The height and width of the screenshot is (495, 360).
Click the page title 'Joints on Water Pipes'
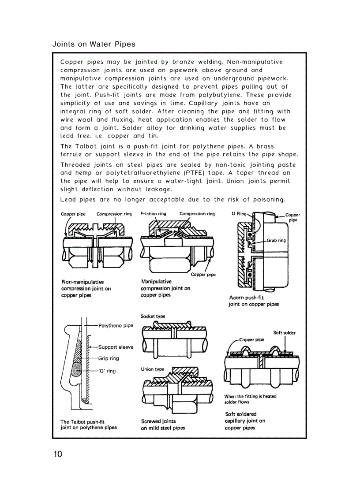pyautogui.click(x=94, y=44)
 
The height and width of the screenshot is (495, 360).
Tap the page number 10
pyautogui.click(x=58, y=454)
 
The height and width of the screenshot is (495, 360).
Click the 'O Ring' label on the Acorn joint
pyautogui.click(x=239, y=214)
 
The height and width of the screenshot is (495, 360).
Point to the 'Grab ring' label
pyautogui.click(x=276, y=241)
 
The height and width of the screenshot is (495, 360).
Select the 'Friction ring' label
pyautogui.click(x=153, y=214)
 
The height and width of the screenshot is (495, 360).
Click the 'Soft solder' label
pyautogui.click(x=285, y=333)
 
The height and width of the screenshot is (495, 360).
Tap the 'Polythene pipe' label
pyautogui.click(x=116, y=326)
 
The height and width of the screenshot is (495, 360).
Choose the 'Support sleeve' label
pyautogui.click(x=116, y=347)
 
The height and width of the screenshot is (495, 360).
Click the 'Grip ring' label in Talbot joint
pyautogui.click(x=109, y=358)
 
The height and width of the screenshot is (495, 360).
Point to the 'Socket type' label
pyautogui.click(x=153, y=316)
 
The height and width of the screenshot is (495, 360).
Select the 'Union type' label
pyautogui.click(x=152, y=369)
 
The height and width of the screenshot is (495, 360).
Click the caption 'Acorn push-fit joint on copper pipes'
pyautogui.click(x=253, y=301)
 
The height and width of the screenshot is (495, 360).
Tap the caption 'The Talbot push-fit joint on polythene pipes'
pyautogui.click(x=88, y=424)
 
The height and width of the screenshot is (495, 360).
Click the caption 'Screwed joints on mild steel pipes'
pyautogui.click(x=163, y=424)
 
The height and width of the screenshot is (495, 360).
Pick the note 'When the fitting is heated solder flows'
pyautogui.click(x=250, y=399)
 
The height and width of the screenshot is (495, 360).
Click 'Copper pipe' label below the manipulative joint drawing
pyautogui.click(x=203, y=275)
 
